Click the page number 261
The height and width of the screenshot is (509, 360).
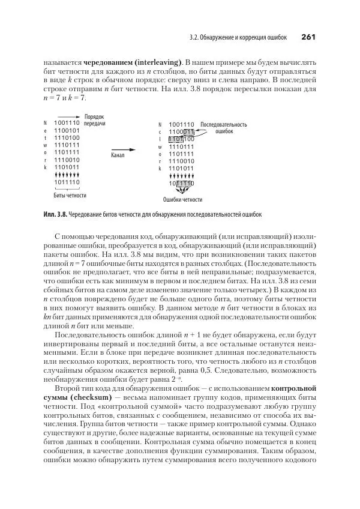click(308, 37)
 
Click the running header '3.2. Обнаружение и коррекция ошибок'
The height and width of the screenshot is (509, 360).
click(238, 38)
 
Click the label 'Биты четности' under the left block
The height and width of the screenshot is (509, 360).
click(70, 195)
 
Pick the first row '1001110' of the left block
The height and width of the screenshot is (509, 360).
click(67, 122)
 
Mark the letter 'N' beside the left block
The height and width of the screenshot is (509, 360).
click(45, 123)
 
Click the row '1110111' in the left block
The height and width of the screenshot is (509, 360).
click(67, 145)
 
